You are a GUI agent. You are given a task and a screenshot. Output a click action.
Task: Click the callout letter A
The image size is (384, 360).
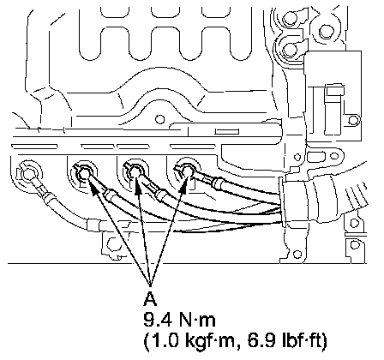pos(150,299)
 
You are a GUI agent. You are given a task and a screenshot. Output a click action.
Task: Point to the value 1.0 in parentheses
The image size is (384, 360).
pos(161,341)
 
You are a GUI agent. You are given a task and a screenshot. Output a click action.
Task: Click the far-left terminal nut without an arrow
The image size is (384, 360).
pos(28,174)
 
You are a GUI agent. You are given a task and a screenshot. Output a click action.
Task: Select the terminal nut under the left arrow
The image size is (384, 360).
pos(84,173)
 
